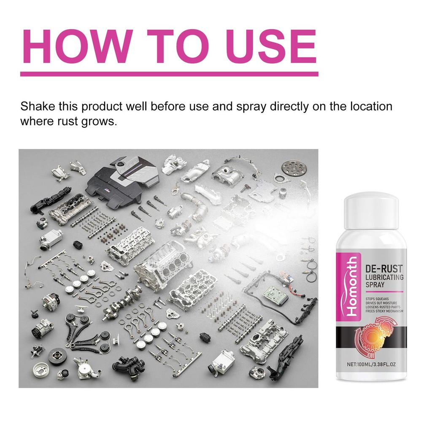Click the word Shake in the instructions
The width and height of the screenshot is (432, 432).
tap(38, 106)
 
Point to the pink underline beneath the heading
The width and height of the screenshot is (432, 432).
tap(169, 74)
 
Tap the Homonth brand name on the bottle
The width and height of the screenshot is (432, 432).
tap(352, 286)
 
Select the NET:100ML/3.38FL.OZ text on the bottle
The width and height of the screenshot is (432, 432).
tap(371, 364)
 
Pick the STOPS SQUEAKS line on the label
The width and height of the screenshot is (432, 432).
tap(377, 299)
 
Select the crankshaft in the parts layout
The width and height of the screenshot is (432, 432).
tap(123, 302)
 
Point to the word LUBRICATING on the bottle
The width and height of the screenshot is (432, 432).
tap(384, 277)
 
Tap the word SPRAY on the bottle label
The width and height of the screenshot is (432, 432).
tap(375, 284)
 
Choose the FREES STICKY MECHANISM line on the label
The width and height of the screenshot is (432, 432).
tap(384, 311)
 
